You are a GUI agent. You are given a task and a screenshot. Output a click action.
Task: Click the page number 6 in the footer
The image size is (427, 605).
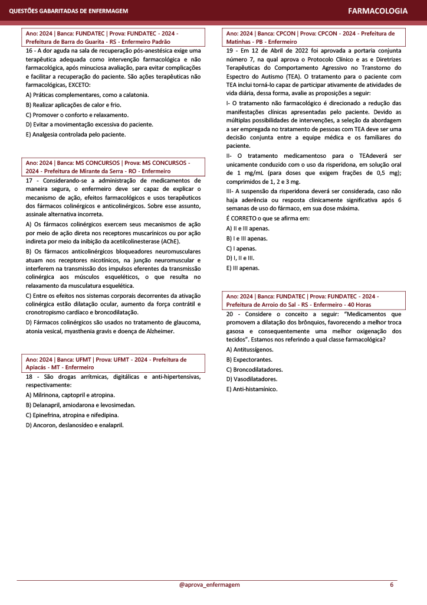(392, 584)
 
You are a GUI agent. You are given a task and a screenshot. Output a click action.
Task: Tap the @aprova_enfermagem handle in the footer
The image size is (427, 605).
(209, 584)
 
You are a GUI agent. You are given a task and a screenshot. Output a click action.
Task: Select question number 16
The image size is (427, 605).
(29, 51)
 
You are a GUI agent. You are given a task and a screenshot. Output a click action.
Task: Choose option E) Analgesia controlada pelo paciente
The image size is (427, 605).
(76, 134)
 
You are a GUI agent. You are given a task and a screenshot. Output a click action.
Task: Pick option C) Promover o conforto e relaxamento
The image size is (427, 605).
(73, 115)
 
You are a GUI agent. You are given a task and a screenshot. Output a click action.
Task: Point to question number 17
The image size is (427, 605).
(29, 180)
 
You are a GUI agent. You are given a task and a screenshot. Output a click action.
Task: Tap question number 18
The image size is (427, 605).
(29, 376)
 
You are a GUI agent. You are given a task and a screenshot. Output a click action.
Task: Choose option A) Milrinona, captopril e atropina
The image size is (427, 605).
(71, 395)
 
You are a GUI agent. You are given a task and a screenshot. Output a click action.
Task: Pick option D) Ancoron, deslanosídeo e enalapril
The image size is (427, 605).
(74, 424)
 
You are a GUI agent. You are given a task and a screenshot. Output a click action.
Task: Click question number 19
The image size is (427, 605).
(230, 51)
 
